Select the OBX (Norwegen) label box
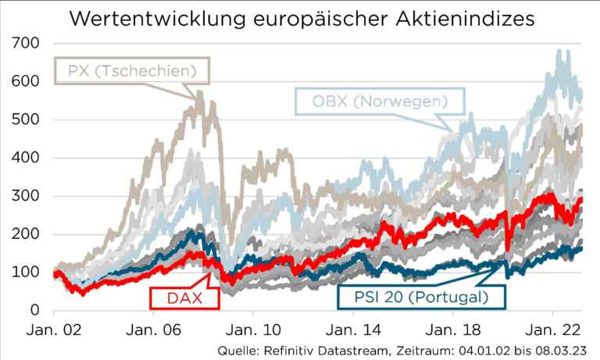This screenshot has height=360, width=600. click(x=379, y=101)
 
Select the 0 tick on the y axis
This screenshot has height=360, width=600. click(x=34, y=311)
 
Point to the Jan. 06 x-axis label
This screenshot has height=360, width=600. click(x=155, y=330)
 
